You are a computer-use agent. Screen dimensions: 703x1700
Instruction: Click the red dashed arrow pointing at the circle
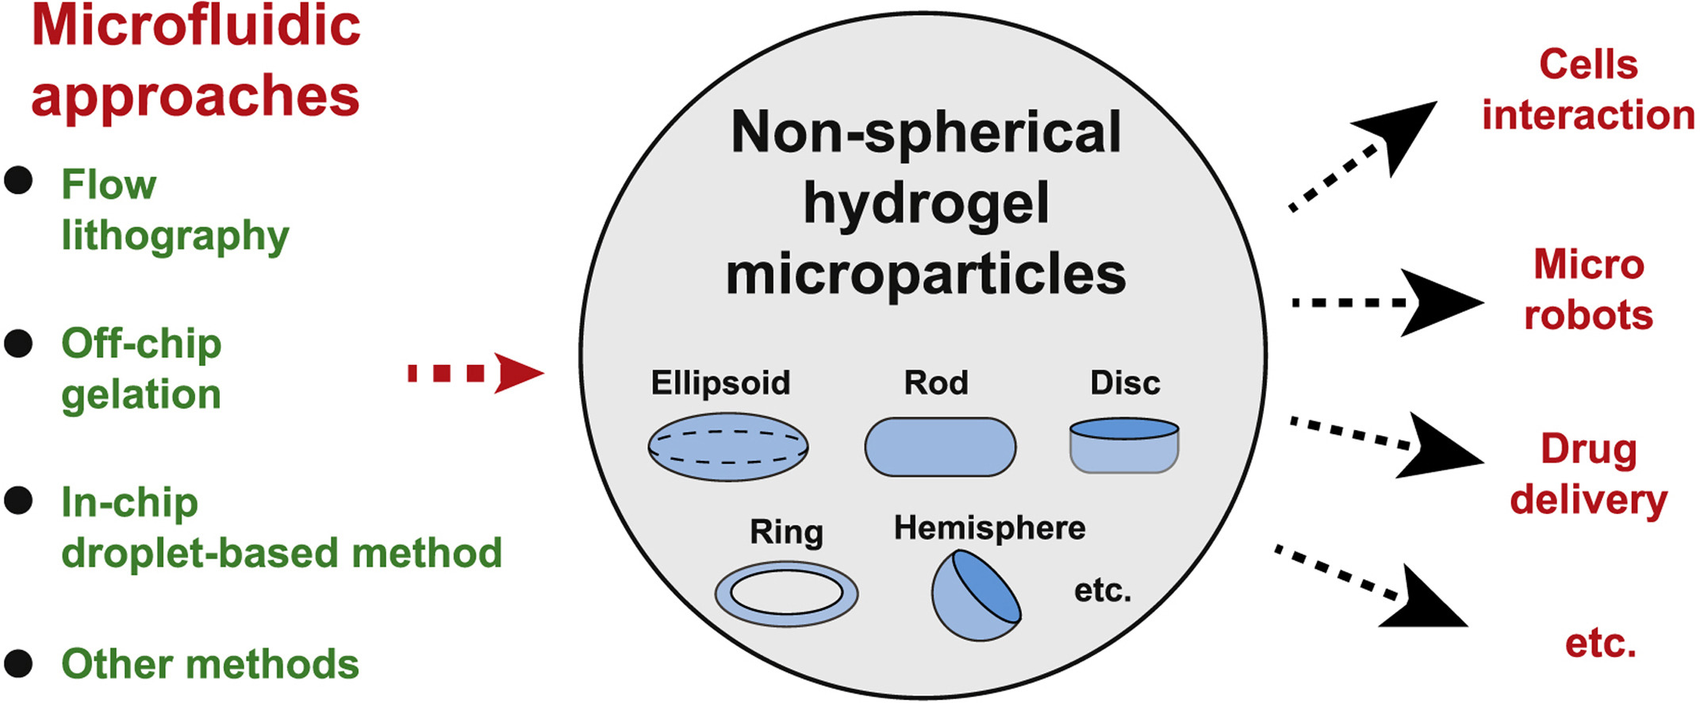(476, 373)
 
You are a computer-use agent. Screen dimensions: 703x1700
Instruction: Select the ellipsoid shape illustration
(727, 446)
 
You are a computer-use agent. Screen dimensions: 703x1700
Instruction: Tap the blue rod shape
(939, 447)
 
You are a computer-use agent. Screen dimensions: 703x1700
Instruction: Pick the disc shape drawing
(1123, 446)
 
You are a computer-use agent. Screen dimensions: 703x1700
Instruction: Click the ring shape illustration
(785, 594)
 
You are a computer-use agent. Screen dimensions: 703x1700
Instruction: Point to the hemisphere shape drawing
(975, 595)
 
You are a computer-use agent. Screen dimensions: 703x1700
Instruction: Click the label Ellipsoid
(720, 382)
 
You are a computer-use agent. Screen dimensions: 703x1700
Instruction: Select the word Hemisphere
(989, 528)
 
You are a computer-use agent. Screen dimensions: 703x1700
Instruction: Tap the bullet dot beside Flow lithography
(18, 181)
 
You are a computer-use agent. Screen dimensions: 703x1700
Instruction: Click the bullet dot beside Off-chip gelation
(18, 344)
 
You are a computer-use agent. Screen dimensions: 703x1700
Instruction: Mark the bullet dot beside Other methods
(18, 663)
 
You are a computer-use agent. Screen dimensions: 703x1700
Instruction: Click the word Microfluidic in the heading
(195, 25)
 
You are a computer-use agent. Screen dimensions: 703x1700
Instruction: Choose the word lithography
(175, 236)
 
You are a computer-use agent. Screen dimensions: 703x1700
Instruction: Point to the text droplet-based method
(282, 553)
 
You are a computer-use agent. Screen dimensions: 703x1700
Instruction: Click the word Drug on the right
(1588, 451)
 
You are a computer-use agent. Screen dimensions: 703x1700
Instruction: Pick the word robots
(1588, 315)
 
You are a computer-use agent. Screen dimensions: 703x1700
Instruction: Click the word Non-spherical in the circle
(925, 132)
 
